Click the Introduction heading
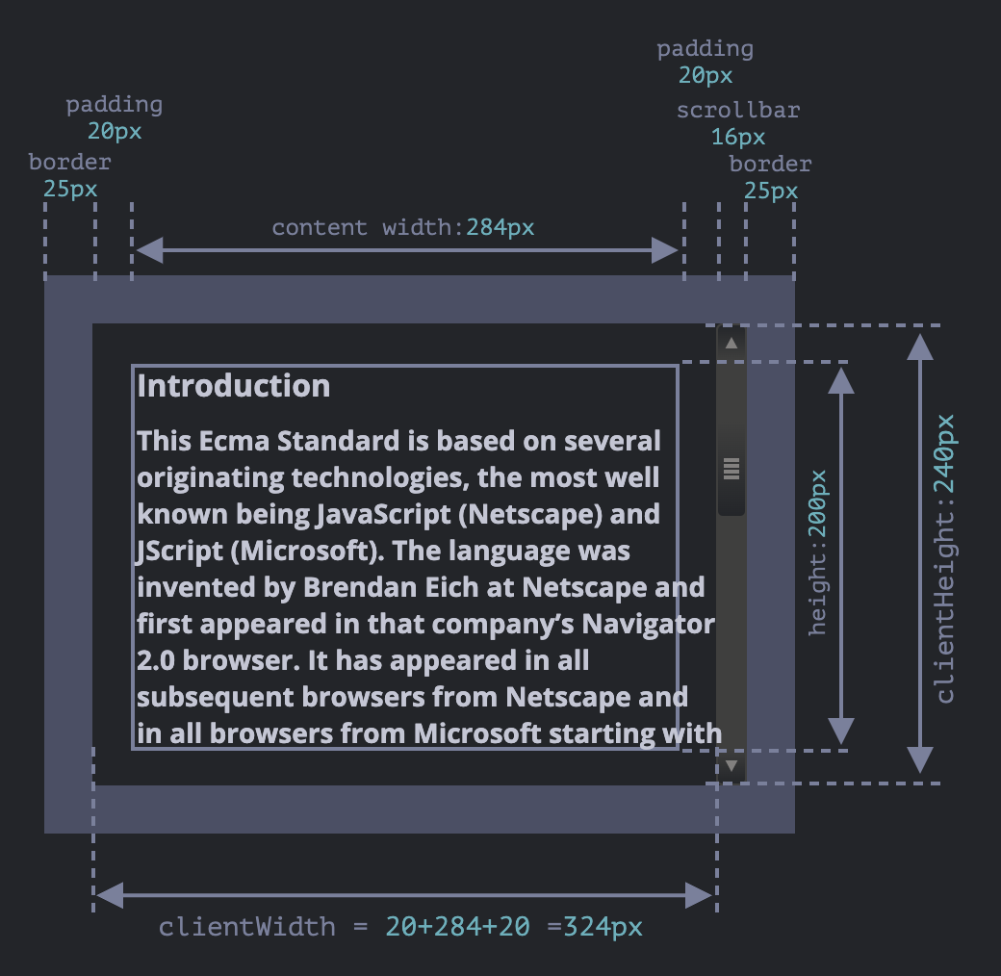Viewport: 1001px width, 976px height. (x=234, y=386)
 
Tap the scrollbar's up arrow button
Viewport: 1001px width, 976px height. (x=731, y=343)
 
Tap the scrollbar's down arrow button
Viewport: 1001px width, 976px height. (x=731, y=766)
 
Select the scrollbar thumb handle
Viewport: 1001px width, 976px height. (x=731, y=469)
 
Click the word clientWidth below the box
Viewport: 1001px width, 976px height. (x=247, y=927)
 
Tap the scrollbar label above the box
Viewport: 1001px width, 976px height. (x=738, y=110)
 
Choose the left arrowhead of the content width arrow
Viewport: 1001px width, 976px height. (x=147, y=251)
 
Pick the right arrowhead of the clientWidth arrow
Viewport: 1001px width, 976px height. (x=701, y=896)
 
